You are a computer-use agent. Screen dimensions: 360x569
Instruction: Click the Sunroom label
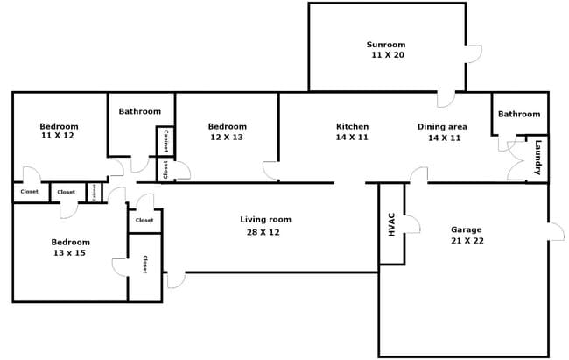(385, 44)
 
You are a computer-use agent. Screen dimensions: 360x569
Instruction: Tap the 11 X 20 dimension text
(385, 55)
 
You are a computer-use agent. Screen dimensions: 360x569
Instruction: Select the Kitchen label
(352, 126)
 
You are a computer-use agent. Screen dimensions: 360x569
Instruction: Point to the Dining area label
(442, 126)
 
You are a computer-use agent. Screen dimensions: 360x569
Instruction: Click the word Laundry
(538, 157)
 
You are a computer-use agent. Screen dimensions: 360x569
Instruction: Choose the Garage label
(466, 229)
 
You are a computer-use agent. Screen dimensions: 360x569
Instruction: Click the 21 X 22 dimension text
(466, 241)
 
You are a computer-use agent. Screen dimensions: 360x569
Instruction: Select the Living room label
(265, 219)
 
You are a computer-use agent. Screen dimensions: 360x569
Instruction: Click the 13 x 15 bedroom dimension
(70, 252)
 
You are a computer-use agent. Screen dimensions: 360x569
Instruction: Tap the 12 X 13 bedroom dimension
(227, 138)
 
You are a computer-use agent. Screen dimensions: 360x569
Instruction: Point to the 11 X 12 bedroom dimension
(59, 137)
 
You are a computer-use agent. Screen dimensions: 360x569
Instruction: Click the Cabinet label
(166, 140)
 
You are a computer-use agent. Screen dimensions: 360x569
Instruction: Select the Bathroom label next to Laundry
(519, 114)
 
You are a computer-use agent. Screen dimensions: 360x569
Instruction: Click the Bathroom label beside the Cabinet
(140, 111)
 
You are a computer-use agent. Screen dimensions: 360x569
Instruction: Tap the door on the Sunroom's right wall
(474, 53)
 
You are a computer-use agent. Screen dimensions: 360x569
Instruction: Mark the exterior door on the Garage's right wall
(555, 231)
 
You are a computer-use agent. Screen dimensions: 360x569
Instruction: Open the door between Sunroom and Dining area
(446, 98)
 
